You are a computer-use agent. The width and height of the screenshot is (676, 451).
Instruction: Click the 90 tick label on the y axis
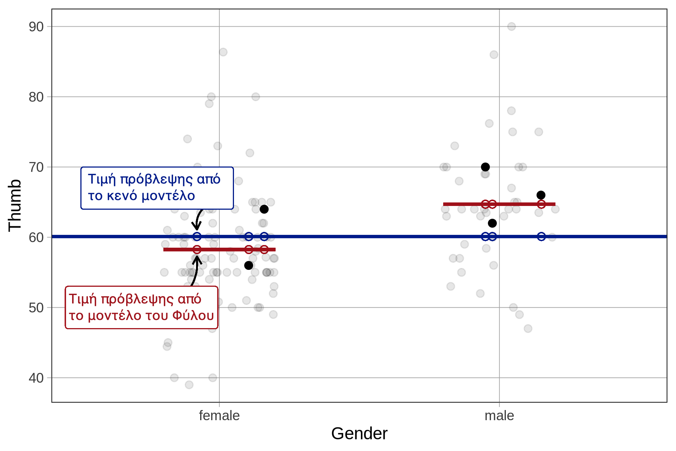tap(36, 27)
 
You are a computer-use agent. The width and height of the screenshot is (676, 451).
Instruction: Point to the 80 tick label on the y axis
tap(36, 97)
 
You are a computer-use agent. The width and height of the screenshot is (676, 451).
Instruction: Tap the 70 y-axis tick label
tap(36, 167)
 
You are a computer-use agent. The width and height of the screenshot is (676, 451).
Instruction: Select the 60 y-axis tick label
tap(36, 238)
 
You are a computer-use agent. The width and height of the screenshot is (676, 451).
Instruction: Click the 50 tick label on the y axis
tap(36, 308)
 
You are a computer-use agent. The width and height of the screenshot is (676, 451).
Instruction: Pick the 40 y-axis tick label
tap(36, 378)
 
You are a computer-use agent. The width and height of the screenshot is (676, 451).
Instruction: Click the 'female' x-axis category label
tap(219, 416)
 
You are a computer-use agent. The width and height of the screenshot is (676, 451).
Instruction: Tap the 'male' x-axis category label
tap(499, 416)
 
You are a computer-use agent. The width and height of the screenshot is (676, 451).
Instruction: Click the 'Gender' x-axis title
tap(359, 434)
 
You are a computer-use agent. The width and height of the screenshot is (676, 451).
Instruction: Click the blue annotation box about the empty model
tap(157, 188)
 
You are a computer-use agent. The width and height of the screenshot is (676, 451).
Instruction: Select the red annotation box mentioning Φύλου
tap(142, 307)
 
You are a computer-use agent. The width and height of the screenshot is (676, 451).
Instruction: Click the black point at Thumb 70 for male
tap(485, 167)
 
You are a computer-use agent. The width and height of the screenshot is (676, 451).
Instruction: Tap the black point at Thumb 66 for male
tap(541, 195)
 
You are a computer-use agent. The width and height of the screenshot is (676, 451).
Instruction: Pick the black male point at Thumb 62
tap(492, 223)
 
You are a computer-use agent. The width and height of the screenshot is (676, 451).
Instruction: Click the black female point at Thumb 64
tap(264, 209)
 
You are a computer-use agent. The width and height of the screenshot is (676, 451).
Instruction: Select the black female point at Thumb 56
tap(249, 265)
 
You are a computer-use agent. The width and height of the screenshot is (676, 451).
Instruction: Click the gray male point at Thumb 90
tap(512, 26)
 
